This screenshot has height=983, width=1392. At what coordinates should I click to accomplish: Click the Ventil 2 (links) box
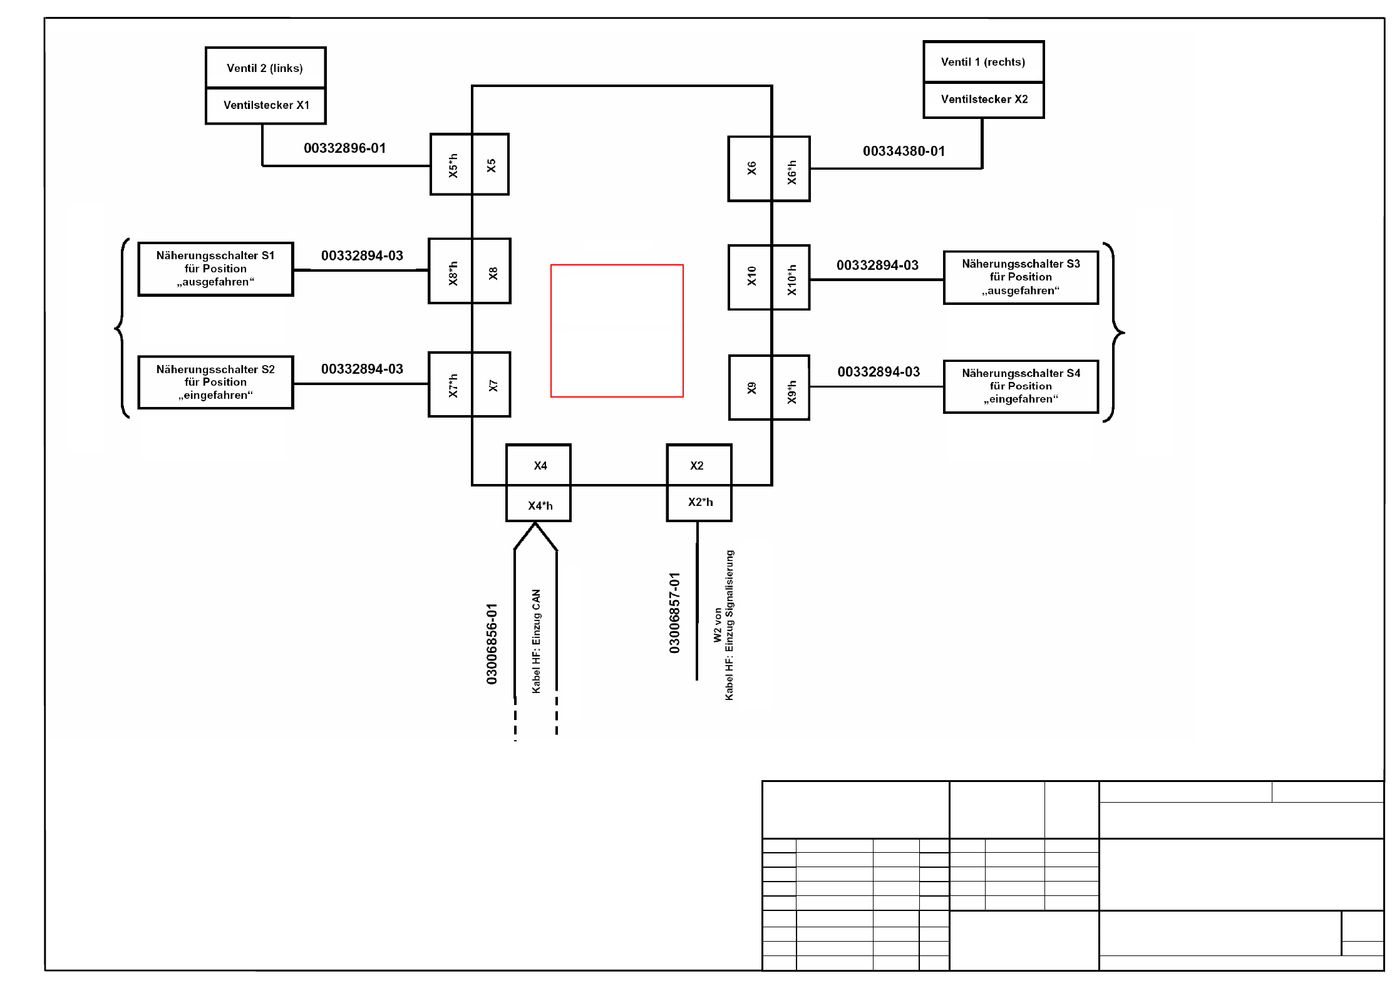tap(265, 68)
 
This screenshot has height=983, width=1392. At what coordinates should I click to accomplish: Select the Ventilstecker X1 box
tap(266, 105)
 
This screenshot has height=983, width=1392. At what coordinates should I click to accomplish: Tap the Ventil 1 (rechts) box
tap(983, 61)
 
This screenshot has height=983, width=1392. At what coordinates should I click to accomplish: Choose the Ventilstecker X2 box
tap(984, 99)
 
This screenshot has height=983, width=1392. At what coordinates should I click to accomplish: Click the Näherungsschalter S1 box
tap(215, 269)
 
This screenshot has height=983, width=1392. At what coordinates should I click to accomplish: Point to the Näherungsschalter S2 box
tap(215, 383)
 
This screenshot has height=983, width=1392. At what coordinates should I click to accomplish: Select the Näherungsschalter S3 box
tap(1021, 277)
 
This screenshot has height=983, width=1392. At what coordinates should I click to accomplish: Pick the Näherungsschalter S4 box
tap(1021, 386)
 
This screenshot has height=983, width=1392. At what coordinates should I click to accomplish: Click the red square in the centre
tap(617, 331)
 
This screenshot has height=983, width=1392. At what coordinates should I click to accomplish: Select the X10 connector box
tap(751, 277)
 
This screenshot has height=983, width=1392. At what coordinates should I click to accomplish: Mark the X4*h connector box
tap(539, 505)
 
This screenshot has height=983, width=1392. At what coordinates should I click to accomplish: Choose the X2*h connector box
tap(699, 502)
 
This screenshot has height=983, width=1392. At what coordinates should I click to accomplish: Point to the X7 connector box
tap(492, 385)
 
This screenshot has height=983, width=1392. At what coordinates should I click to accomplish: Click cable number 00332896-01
tap(344, 148)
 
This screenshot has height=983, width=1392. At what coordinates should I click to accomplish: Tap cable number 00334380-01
tap(904, 152)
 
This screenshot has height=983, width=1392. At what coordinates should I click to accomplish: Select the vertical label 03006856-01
tap(492, 644)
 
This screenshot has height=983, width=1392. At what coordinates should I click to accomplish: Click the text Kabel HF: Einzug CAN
tap(536, 641)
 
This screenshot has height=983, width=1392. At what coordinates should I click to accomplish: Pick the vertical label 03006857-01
tap(674, 613)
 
